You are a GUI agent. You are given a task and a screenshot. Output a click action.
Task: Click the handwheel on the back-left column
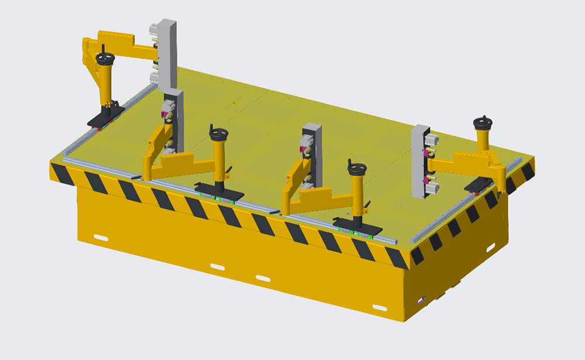(105, 59)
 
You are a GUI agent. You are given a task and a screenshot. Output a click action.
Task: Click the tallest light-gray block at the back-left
(167, 53)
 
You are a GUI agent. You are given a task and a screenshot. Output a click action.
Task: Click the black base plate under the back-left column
(105, 119)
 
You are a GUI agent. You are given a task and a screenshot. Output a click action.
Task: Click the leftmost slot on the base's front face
(101, 237)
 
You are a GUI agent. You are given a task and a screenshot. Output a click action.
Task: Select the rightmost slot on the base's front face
(380, 307)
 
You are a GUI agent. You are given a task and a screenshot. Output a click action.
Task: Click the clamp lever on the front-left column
(230, 170)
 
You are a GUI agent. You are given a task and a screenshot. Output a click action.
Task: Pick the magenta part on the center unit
(303, 150)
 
